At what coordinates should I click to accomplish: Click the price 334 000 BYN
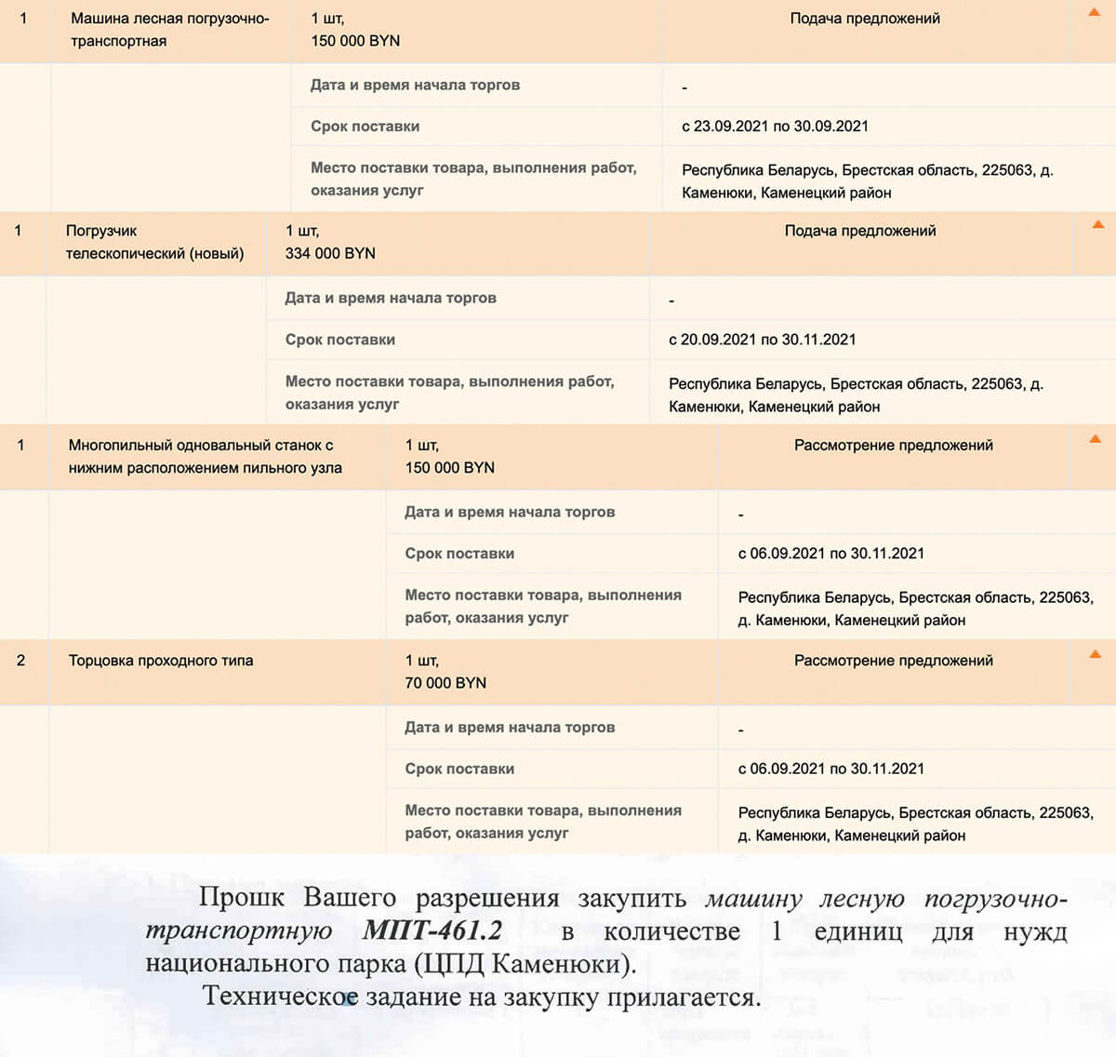(330, 253)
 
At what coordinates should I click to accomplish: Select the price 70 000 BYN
(445, 683)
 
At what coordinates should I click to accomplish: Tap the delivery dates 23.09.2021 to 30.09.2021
(775, 127)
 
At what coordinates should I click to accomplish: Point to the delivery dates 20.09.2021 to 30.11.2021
(762, 340)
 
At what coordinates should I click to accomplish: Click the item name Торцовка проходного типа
(160, 661)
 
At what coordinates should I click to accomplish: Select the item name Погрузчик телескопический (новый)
(154, 242)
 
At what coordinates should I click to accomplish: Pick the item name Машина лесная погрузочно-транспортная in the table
(169, 30)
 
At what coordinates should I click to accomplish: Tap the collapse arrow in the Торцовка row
(1096, 654)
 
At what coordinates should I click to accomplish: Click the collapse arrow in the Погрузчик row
(1098, 224)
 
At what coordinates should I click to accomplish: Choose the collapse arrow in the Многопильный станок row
(1096, 438)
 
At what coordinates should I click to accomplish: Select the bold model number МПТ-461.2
(432, 930)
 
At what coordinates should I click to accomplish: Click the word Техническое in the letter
(280, 997)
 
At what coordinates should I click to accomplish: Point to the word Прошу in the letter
(242, 898)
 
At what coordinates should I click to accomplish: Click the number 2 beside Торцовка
(20, 661)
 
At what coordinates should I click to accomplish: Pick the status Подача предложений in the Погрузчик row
(860, 231)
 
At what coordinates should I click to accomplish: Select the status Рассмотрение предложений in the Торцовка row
(894, 661)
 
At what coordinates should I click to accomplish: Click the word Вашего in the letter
(350, 898)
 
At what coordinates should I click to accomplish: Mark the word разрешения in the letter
(487, 899)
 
